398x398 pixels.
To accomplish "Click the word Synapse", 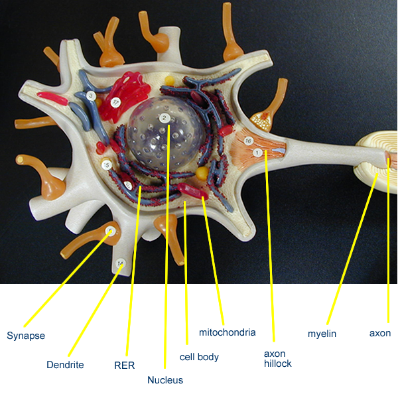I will pyautogui.click(x=26, y=336).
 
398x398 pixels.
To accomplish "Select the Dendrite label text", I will pyautogui.click(x=65, y=365).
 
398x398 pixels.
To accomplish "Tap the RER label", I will pyautogui.click(x=125, y=365).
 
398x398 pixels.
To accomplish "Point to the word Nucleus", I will pyautogui.click(x=165, y=380).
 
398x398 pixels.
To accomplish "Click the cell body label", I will pyautogui.click(x=199, y=357).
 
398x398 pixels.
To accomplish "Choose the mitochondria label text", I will pyautogui.click(x=228, y=332).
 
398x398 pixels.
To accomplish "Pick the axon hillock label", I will pyautogui.click(x=277, y=358).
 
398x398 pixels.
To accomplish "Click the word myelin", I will pyautogui.click(x=322, y=334).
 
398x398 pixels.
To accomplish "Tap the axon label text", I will pyautogui.click(x=380, y=333).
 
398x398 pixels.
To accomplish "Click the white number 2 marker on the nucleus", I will pyautogui.click(x=164, y=119).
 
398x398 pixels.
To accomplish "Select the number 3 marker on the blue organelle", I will pyautogui.click(x=92, y=96).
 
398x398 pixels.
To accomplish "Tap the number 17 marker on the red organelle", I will pyautogui.click(x=115, y=102).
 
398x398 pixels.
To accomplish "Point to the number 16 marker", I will pyautogui.click(x=248, y=141).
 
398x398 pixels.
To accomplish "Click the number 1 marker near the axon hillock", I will pyautogui.click(x=257, y=153).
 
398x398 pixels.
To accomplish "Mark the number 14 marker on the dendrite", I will pyautogui.click(x=120, y=264).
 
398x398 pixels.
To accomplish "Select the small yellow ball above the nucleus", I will pyautogui.click(x=170, y=81).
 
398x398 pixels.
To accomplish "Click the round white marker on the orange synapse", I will pyautogui.click(x=111, y=231).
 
